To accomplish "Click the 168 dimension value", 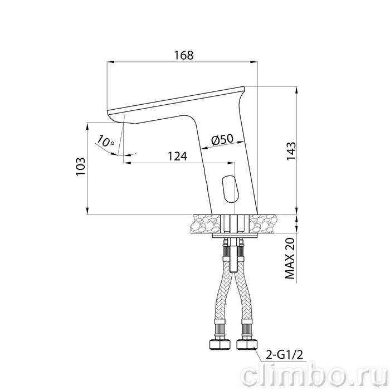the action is [x=183, y=55].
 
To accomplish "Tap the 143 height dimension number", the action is [x=291, y=151].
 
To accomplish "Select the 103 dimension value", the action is [x=81, y=167].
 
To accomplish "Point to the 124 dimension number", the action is [x=177, y=157].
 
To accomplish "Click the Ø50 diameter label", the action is [x=222, y=140].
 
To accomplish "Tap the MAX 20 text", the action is [x=290, y=259].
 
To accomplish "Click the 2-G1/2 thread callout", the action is [x=284, y=355].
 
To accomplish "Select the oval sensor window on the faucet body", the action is [x=230, y=189].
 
